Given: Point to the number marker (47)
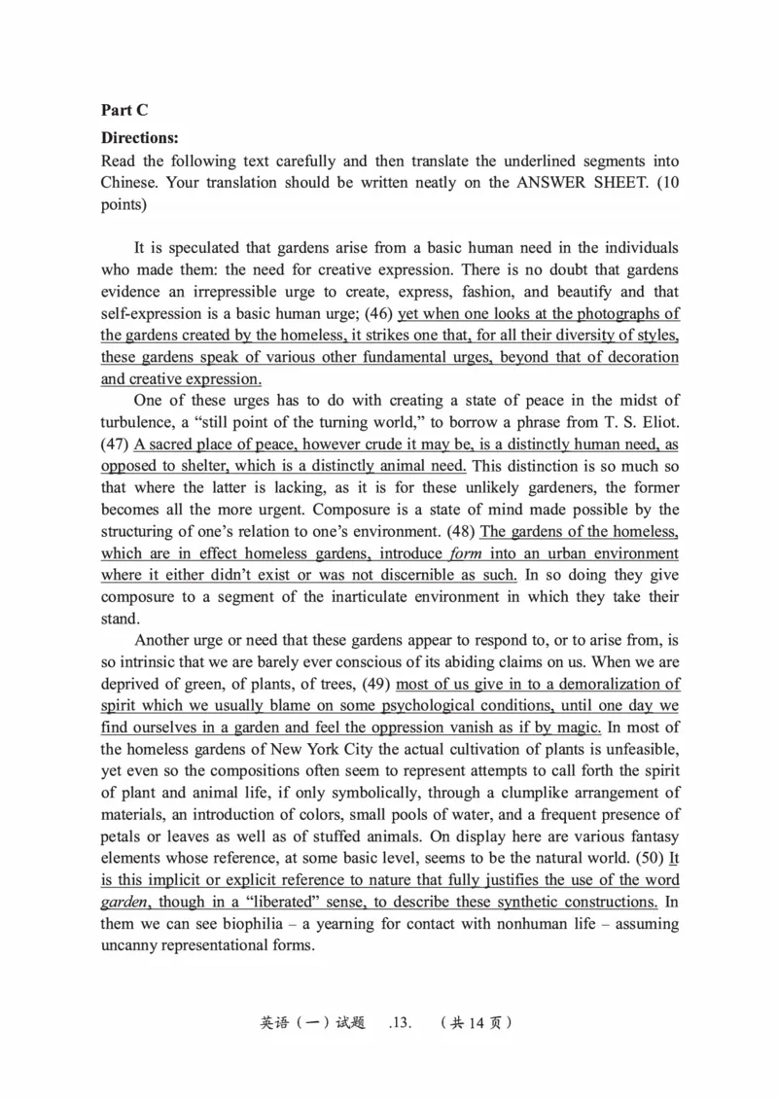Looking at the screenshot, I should point(116,444).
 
